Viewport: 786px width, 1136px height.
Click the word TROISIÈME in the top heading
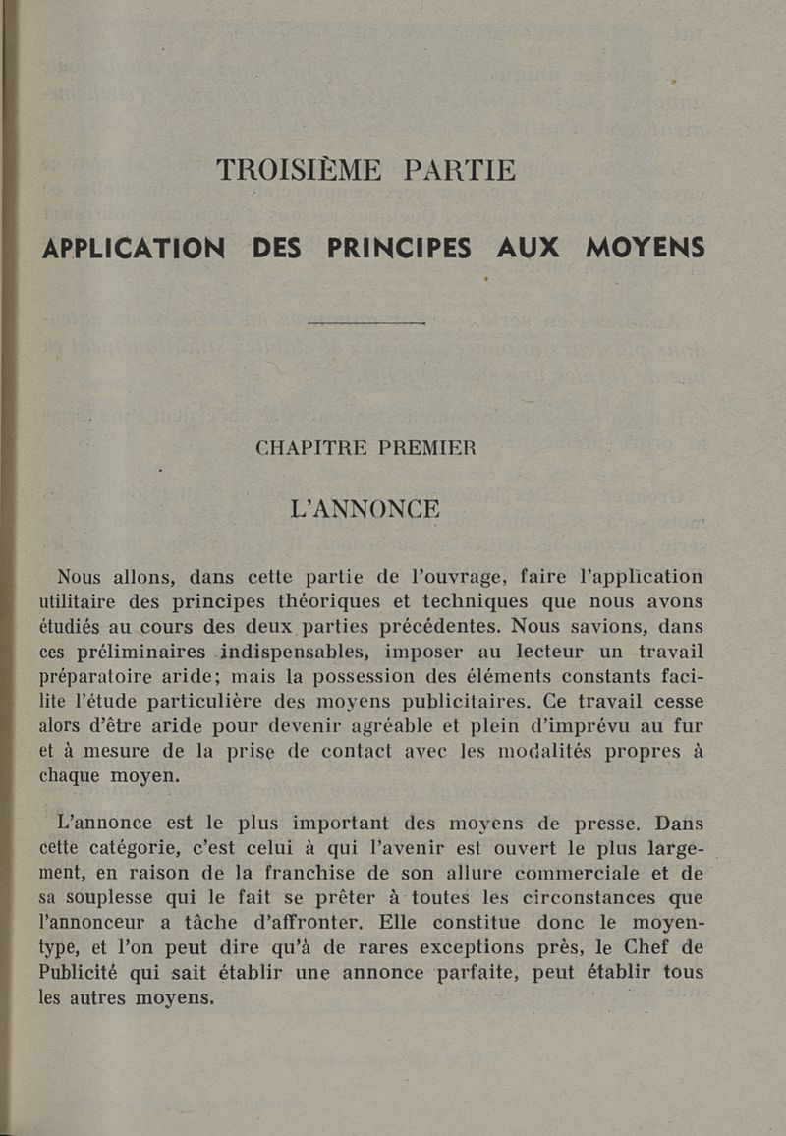coord(299,170)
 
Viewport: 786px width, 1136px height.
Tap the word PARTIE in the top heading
coord(459,170)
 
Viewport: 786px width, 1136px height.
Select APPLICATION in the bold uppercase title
coord(134,249)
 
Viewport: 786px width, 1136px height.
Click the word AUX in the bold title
coord(528,249)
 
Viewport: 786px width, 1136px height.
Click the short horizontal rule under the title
coord(365,323)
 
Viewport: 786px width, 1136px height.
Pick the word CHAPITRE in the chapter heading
coord(311,448)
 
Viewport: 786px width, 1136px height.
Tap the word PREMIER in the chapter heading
coord(427,448)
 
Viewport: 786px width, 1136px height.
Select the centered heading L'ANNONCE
coord(365,509)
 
